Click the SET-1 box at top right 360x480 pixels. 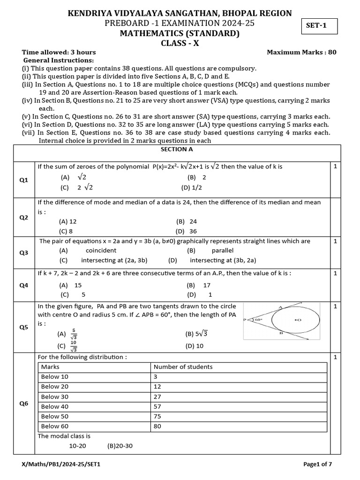319,26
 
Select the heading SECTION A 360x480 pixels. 173,150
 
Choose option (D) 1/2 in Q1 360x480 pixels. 190,187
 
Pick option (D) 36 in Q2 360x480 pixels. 187,231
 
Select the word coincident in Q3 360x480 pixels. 101,250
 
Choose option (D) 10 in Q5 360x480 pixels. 195,346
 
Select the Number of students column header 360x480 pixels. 183,367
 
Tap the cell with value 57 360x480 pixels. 158,406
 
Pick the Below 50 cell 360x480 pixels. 54,416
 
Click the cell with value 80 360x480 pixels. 158,426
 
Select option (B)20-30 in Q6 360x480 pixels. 120,445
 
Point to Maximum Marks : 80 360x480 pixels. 301,52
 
